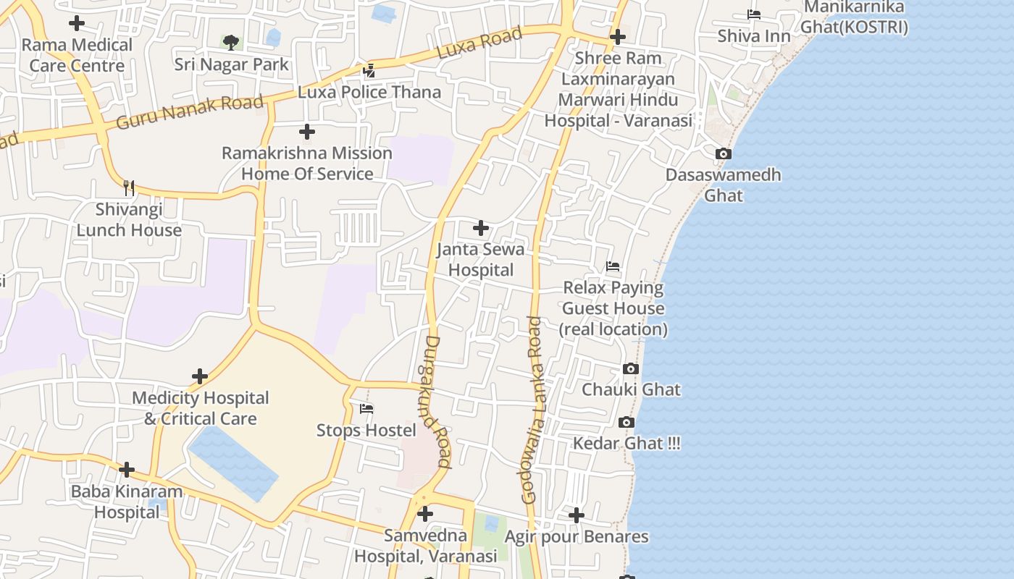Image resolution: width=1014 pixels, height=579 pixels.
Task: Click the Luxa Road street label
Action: (x=479, y=43)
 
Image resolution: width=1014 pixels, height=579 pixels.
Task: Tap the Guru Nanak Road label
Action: (x=190, y=112)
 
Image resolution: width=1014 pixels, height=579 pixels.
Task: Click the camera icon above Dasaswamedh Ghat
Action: (x=723, y=153)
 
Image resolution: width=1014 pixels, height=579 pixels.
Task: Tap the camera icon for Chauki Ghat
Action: (x=631, y=368)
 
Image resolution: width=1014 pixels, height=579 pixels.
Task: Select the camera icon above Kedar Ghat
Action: (x=627, y=422)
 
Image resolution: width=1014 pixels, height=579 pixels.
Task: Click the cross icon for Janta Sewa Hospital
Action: (x=480, y=229)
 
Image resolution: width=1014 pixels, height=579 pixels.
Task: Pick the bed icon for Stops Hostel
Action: (x=366, y=409)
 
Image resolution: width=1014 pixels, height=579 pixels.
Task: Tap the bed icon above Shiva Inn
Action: (x=754, y=14)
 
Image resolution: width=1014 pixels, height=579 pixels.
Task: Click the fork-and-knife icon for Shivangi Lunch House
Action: (x=129, y=188)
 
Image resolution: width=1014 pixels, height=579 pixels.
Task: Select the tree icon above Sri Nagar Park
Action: (x=231, y=43)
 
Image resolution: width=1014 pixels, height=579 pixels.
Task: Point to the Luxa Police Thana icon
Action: (x=369, y=71)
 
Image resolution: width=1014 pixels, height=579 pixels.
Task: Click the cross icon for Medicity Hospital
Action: (x=200, y=376)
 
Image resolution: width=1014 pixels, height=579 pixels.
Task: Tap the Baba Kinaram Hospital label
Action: (x=127, y=502)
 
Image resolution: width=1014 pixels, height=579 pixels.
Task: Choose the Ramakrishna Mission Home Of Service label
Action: (x=307, y=164)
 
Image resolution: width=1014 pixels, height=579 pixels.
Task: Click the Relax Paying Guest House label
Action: (x=613, y=308)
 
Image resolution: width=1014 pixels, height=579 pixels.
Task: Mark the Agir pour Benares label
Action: (x=577, y=537)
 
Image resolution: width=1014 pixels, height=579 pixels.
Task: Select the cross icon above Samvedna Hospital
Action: (x=425, y=514)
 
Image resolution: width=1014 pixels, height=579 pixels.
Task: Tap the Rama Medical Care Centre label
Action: (x=77, y=55)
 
